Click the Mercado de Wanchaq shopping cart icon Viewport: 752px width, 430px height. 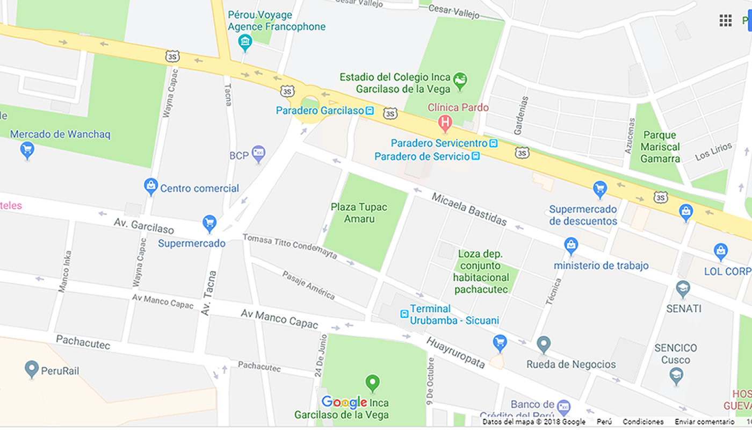(27, 149)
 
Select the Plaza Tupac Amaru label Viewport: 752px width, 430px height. (359, 213)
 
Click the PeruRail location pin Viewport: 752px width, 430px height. (32, 369)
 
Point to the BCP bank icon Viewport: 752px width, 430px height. (258, 154)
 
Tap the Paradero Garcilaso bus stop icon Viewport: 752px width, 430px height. (370, 111)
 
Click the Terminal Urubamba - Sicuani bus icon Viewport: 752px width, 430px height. (404, 314)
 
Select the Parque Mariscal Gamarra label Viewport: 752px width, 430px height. (661, 147)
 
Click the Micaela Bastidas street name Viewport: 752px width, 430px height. (469, 209)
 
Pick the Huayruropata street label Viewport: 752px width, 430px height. (455, 353)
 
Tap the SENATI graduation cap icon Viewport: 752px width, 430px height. (683, 289)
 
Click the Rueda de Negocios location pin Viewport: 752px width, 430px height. (544, 344)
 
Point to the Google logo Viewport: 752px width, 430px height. (344, 402)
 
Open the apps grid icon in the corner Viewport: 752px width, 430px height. (725, 21)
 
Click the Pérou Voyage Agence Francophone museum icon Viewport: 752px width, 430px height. (245, 42)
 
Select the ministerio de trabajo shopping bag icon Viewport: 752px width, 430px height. (571, 246)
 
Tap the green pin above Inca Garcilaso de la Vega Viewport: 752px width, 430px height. (372, 383)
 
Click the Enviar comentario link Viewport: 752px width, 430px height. (704, 422)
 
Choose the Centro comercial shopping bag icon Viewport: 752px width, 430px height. (151, 187)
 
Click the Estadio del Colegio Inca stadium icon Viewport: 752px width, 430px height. (460, 81)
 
